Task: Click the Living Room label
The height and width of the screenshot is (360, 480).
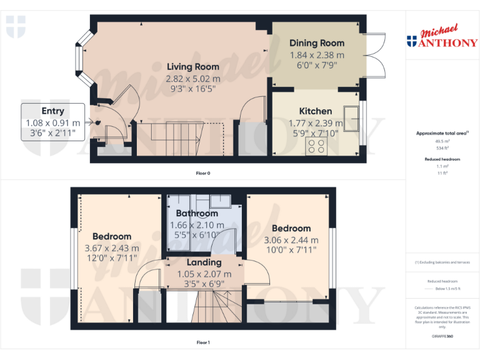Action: click(x=192, y=67)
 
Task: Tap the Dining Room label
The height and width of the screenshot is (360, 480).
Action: click(x=316, y=43)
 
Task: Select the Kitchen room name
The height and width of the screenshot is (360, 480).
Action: click(x=315, y=111)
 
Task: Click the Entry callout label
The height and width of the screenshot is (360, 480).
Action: click(x=52, y=111)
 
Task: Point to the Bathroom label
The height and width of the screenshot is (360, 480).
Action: click(x=197, y=214)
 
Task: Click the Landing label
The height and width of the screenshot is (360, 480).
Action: click(x=204, y=262)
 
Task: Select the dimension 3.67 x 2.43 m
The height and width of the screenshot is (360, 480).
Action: click(x=112, y=247)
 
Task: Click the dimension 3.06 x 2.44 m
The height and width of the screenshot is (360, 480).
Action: click(x=291, y=239)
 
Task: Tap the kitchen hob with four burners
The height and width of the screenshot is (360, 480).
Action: click(x=315, y=146)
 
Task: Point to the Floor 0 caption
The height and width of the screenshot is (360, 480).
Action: click(x=203, y=173)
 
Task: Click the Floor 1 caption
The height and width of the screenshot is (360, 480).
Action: click(x=203, y=342)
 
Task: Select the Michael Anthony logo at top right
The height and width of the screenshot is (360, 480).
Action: click(x=442, y=37)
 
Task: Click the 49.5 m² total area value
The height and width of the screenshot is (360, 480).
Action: click(x=442, y=142)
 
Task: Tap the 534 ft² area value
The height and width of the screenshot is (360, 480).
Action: click(x=442, y=149)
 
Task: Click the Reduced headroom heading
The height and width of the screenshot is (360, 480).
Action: click(x=442, y=159)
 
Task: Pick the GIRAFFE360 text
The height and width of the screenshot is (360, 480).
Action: click(x=442, y=337)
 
